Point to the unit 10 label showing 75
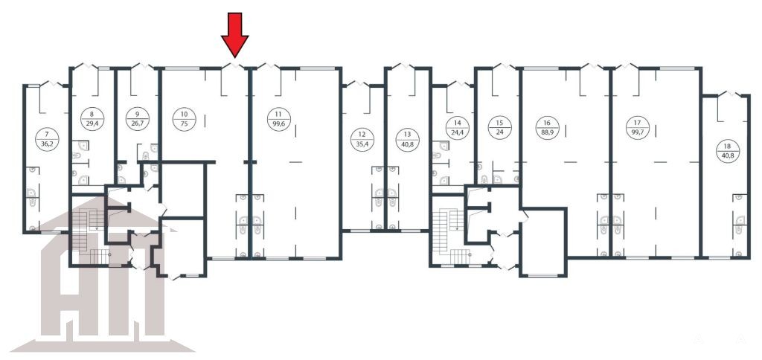coord(185,120)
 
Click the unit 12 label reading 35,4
coord(362,139)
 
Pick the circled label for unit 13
coord(407,139)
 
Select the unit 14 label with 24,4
coord(458,128)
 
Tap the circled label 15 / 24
coord(500,128)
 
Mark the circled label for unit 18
coord(728,150)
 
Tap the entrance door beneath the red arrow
coord(234,65)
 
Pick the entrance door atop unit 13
coord(403,66)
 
